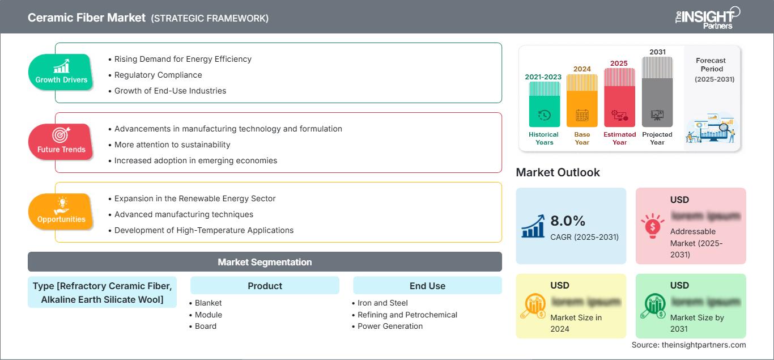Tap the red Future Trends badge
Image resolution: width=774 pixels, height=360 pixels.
tap(61, 142)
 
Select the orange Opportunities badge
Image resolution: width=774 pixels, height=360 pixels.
tap(61, 212)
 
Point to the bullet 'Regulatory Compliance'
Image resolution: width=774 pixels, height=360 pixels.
tap(158, 75)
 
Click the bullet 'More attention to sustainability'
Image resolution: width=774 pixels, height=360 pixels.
tap(172, 145)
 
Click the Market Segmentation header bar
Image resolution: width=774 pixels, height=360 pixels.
tap(265, 262)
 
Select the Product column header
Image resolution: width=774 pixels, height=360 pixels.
tap(265, 286)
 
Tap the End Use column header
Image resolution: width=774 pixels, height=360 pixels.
tap(427, 286)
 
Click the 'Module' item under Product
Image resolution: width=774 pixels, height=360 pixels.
tap(208, 315)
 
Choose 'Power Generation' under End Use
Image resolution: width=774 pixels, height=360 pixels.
tap(390, 326)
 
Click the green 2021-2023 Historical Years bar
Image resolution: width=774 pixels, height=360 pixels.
tap(544, 104)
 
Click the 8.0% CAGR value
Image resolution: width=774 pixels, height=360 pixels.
tap(567, 221)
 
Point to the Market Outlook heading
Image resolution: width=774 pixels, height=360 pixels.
tap(558, 172)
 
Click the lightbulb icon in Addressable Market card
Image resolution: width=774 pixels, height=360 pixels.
tap(652, 225)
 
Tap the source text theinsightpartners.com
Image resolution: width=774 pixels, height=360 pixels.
tap(689, 345)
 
